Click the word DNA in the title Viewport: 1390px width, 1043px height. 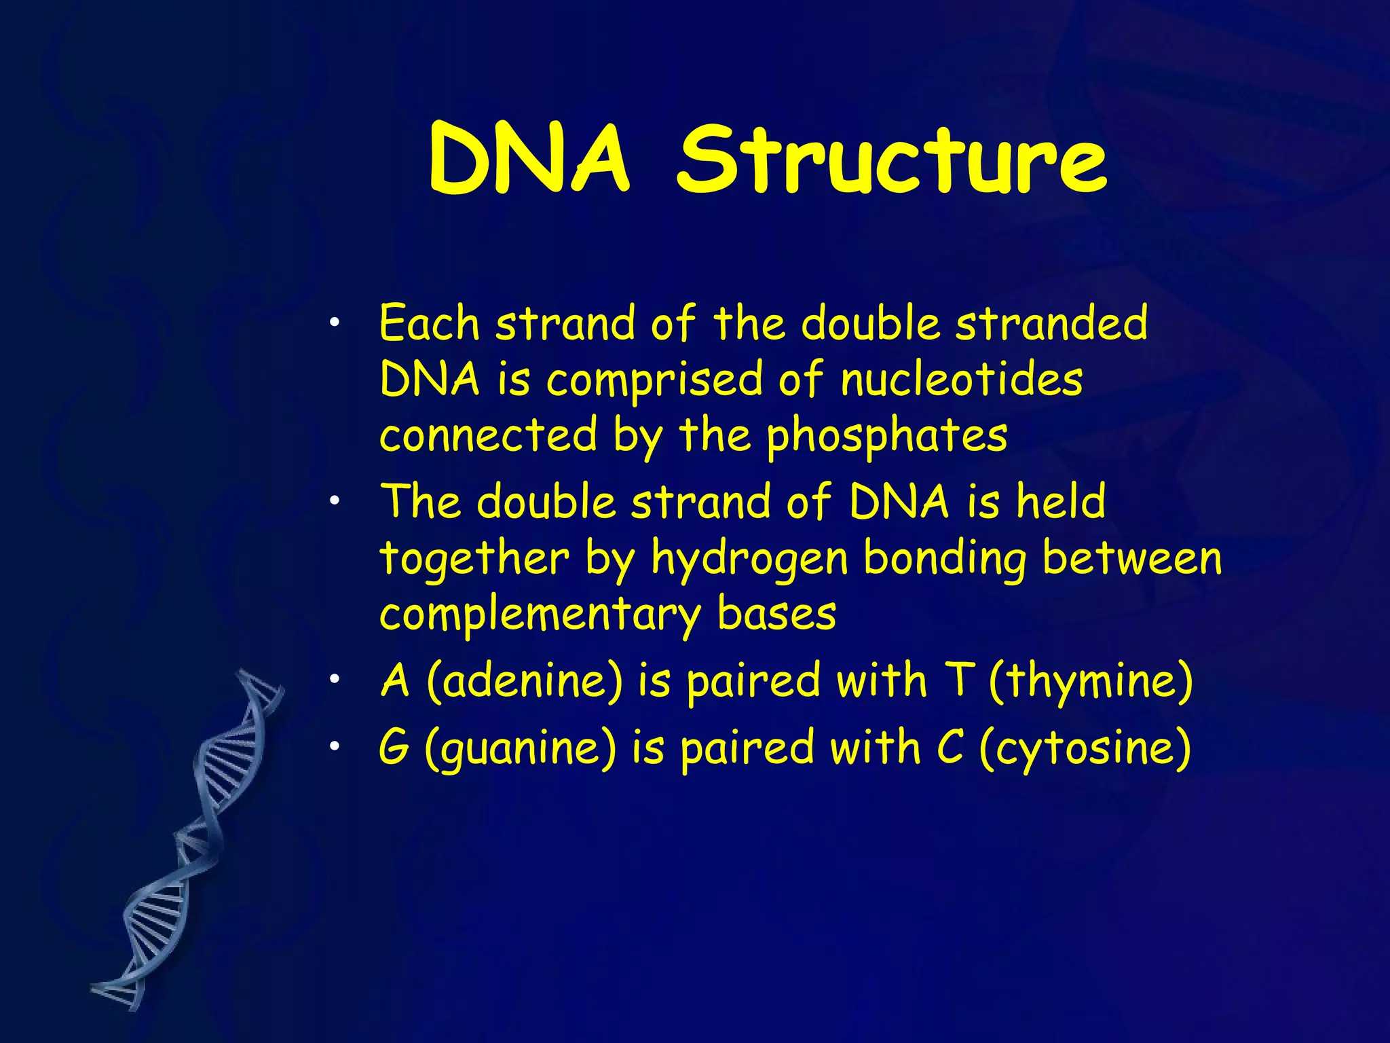click(x=529, y=160)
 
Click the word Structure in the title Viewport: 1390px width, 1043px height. click(x=891, y=160)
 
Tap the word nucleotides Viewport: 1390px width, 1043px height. click(x=961, y=380)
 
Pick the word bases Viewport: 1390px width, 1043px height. click(x=776, y=613)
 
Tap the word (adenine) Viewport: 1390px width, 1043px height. click(x=524, y=681)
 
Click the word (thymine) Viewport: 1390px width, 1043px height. click(x=1090, y=681)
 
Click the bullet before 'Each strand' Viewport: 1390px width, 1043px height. click(x=333, y=322)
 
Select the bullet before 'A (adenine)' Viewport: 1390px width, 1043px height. click(x=333, y=679)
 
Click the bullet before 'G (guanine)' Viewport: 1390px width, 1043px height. click(x=333, y=746)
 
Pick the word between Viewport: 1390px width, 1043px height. click(x=1131, y=558)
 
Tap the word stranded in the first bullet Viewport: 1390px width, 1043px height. click(x=1051, y=323)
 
